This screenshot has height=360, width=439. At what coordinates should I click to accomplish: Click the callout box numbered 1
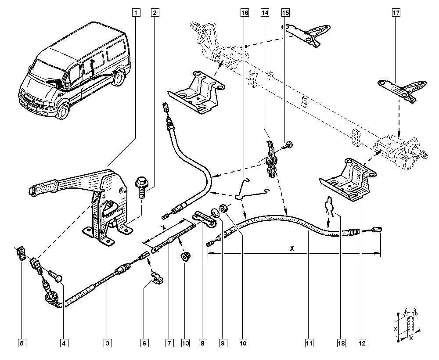tap(136, 13)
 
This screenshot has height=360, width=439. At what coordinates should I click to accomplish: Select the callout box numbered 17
tap(396, 13)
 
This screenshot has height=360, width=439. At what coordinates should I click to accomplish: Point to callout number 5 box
tap(21, 342)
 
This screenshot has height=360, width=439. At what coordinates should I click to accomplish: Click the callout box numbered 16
tap(244, 13)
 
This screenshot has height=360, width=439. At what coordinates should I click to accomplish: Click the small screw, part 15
tap(288, 145)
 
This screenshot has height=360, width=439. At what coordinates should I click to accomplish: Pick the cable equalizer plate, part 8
tap(204, 218)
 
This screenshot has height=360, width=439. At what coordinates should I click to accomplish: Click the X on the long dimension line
tap(292, 248)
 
